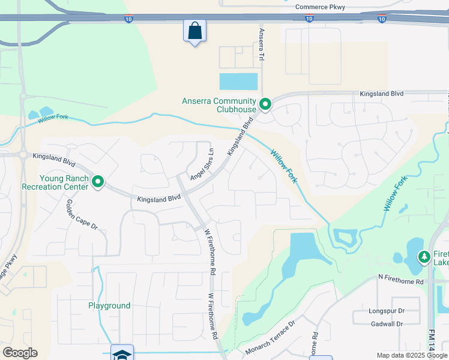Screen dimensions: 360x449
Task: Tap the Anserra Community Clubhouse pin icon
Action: coord(265,105)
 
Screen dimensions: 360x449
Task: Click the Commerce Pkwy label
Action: coord(321,7)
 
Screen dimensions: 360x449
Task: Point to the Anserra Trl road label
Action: coord(262,44)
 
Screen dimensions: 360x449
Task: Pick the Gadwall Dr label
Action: coord(387,323)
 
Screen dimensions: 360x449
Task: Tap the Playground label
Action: coord(109,305)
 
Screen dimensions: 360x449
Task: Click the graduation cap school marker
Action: coord(122,354)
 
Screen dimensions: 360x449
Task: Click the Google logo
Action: coord(20,353)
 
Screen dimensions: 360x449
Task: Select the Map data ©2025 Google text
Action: coord(411,355)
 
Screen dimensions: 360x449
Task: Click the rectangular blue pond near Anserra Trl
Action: coord(238,81)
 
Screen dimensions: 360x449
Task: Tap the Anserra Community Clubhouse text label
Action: coord(219,105)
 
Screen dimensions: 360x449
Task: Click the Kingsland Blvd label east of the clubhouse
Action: coord(382,94)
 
